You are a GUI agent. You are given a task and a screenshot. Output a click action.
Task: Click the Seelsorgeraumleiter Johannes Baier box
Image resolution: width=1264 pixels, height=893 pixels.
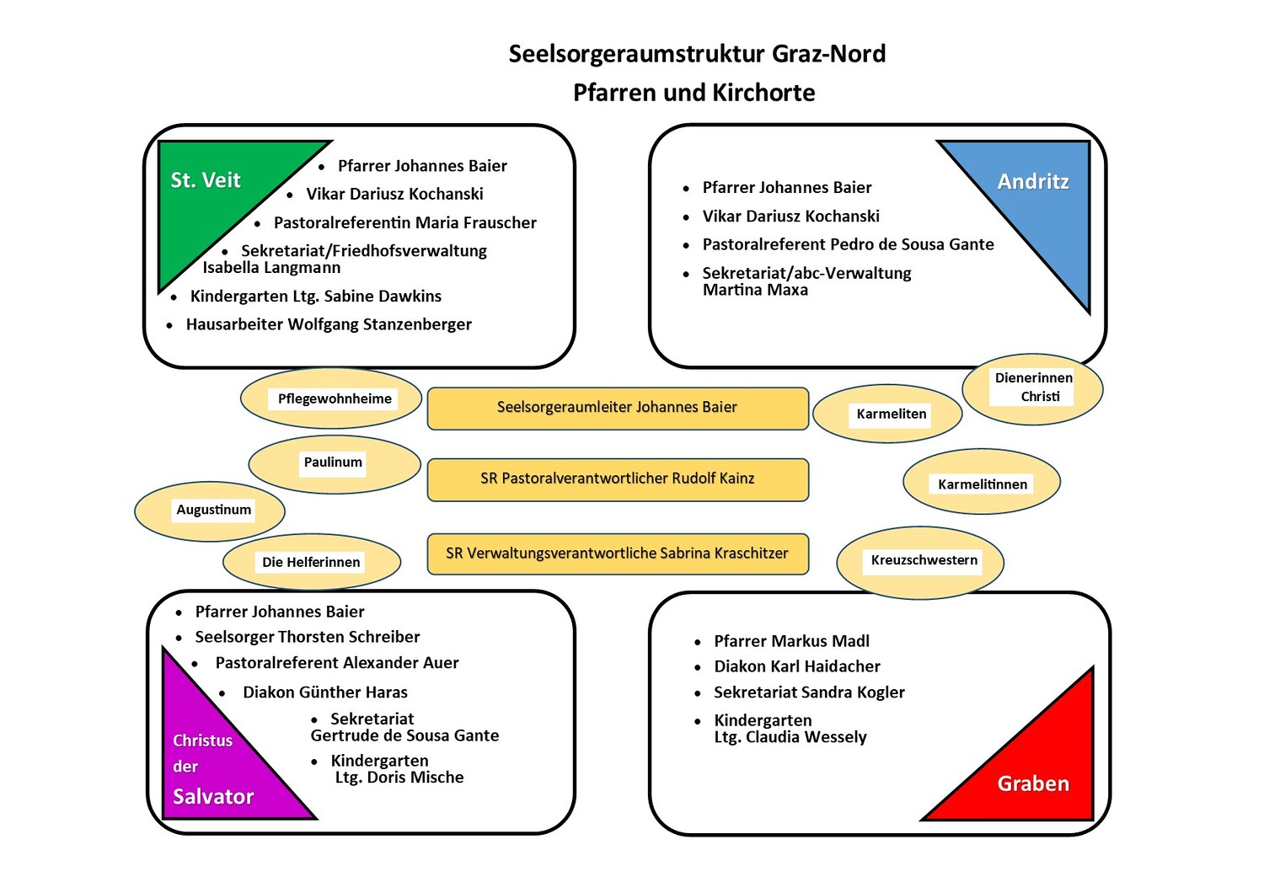[618, 408]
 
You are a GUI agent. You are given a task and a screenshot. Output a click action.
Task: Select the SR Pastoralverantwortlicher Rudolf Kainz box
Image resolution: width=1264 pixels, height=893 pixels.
[618, 479]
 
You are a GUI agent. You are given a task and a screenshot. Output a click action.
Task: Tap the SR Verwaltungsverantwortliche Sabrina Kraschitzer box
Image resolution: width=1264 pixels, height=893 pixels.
[618, 553]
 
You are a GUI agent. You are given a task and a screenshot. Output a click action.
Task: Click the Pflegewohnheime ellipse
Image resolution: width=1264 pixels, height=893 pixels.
[331, 398]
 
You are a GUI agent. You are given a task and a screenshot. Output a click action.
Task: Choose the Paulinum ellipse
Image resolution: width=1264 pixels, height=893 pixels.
[334, 463]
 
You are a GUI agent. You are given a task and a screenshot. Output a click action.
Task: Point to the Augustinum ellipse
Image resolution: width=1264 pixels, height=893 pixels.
[211, 511]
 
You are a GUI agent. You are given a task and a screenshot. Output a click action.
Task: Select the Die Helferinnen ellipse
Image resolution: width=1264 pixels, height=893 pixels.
[312, 562]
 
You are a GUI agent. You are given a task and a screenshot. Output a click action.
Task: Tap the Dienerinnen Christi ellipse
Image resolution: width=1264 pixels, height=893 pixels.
[1033, 388]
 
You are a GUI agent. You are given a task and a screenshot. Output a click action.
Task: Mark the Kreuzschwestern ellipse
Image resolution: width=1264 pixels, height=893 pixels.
[920, 562]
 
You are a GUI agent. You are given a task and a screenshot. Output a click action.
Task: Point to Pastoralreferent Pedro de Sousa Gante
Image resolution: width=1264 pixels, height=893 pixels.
[848, 244]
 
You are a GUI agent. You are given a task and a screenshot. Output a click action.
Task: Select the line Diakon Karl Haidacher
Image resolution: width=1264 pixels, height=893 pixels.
[796, 666]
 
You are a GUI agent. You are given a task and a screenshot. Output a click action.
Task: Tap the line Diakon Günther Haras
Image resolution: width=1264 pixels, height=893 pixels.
[324, 692]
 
